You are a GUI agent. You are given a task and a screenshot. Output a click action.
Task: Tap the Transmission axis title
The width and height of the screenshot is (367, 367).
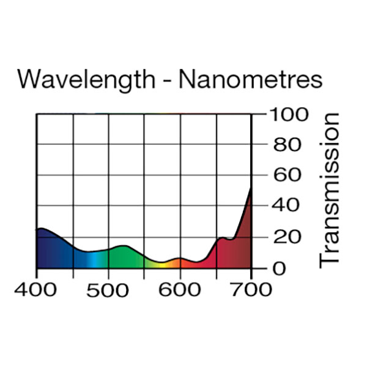click(330, 190)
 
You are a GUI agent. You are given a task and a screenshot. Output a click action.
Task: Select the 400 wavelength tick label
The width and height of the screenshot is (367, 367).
click(37, 289)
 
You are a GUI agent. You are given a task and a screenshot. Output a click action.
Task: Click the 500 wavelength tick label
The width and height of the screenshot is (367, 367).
click(108, 289)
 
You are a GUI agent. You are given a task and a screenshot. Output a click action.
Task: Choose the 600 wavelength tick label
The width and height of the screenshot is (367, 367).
click(180, 289)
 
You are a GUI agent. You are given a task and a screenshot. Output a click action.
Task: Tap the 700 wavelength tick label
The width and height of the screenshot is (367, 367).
click(251, 289)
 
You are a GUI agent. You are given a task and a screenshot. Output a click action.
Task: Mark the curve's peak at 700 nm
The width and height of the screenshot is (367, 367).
click(251, 189)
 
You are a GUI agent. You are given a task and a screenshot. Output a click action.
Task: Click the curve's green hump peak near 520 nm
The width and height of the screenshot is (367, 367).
click(124, 246)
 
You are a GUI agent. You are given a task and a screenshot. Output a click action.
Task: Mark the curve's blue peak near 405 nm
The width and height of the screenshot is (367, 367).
click(41, 228)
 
